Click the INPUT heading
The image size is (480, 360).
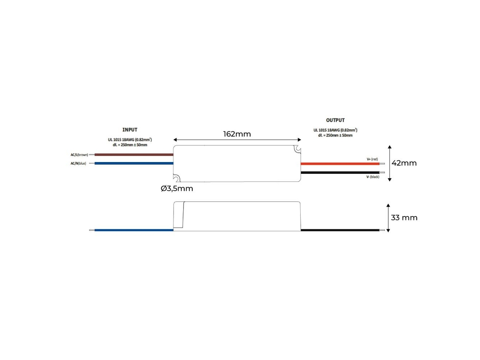130,130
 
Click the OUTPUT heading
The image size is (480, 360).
335,120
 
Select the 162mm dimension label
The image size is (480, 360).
237,134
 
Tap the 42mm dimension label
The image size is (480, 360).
404,163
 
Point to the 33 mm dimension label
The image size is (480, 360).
404,218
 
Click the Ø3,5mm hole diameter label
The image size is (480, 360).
177,188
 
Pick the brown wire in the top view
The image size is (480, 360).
134,155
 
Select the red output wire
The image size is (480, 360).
340,164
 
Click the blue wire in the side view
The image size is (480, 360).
134,230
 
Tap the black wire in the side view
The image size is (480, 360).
340,230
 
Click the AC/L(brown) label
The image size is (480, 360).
79,155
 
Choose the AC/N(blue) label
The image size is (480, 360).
78,163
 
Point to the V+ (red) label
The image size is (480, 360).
372,159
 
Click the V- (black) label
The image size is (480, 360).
373,177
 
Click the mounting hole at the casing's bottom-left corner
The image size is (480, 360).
177,178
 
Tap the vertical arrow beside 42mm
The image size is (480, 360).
390,163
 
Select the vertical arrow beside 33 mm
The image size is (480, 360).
388,218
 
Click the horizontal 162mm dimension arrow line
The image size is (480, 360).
237,140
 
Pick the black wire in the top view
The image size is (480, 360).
340,173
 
